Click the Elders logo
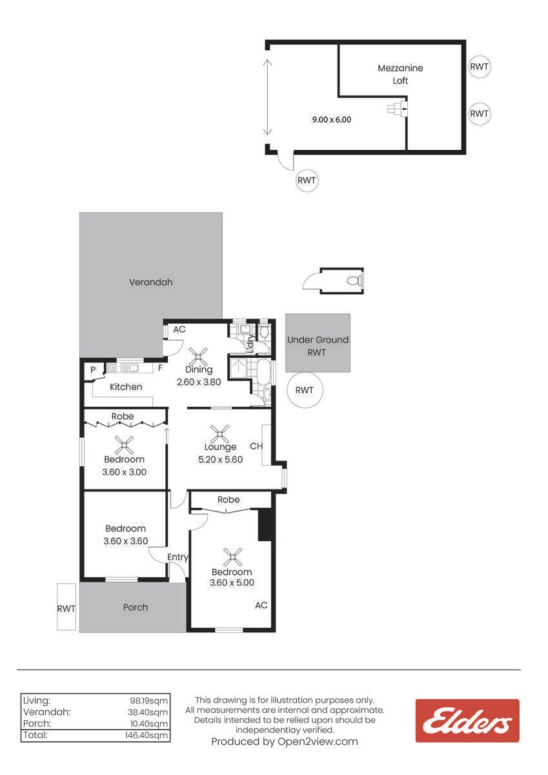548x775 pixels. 467,721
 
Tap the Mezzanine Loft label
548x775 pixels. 400,74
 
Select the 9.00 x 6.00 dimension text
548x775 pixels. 332,119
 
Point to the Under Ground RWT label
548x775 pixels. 318,346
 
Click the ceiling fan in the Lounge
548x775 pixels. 219,434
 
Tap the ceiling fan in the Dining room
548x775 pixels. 198,356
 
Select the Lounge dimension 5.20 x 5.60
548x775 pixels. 220,460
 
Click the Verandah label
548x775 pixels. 151,282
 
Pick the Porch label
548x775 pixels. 136,607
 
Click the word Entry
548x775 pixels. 178,557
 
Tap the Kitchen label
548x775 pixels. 126,387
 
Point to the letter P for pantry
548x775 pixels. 93,370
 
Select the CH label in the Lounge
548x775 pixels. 256,446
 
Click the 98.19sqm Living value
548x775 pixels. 149,701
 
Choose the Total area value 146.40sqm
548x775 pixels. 147,735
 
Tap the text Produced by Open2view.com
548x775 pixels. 285,741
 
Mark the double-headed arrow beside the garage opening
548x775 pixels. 267,97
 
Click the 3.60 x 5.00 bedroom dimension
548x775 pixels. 232,583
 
